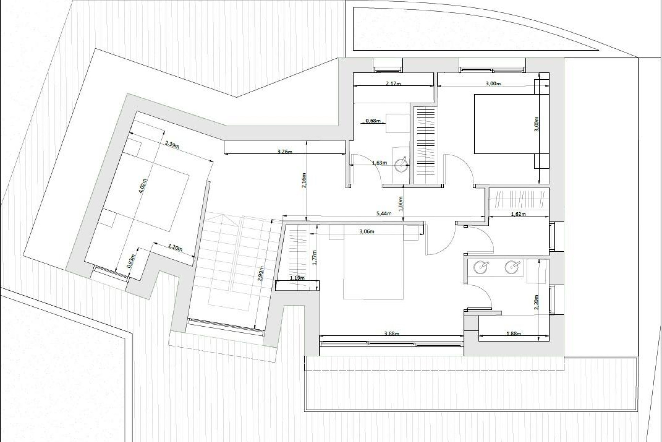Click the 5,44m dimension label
pyautogui.click(x=384, y=214)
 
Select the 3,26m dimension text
pyautogui.click(x=285, y=151)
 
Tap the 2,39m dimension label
pyautogui.click(x=172, y=144)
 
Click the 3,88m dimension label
pyautogui.click(x=391, y=334)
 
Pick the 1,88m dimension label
pyautogui.click(x=514, y=334)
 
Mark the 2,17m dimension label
pyautogui.click(x=393, y=84)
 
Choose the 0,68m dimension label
pyautogui.click(x=373, y=121)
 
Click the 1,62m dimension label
pyautogui.click(x=518, y=214)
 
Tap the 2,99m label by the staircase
pyautogui.click(x=261, y=273)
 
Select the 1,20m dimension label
pyautogui.click(x=175, y=247)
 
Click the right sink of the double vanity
pyautogui.click(x=512, y=267)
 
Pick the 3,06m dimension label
pyautogui.click(x=367, y=231)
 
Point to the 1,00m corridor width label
pyautogui.click(x=401, y=204)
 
